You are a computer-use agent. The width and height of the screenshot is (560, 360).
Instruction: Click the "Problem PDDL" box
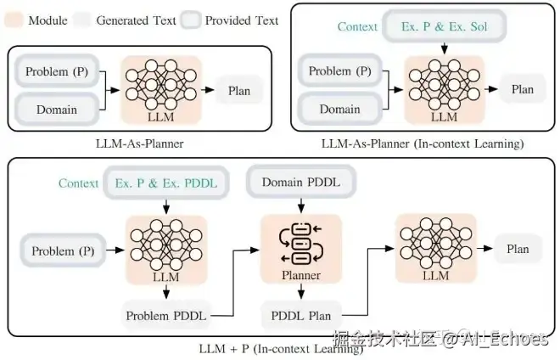[x=165, y=316]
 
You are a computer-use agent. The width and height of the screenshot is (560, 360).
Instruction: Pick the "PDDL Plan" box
[x=301, y=316]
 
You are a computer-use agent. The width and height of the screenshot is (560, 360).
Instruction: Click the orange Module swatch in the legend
[x=13, y=20]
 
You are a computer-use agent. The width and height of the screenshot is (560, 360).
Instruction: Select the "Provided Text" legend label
[x=241, y=20]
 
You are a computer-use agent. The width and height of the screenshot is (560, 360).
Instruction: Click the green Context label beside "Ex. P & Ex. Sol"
[x=357, y=27]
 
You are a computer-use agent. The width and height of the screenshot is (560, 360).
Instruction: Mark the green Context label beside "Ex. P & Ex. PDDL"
[x=79, y=183]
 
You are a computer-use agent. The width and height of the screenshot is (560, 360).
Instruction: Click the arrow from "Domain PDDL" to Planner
[x=299, y=205]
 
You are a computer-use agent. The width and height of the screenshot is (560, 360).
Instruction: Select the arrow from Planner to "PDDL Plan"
[x=300, y=291]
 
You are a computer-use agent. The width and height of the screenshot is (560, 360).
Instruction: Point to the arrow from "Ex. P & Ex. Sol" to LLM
[x=444, y=48]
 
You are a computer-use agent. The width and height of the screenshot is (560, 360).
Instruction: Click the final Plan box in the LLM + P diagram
[x=518, y=250]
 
